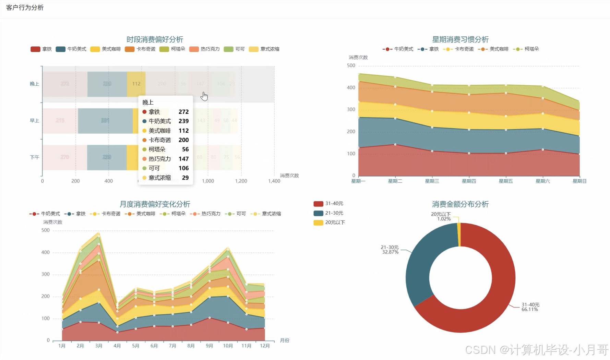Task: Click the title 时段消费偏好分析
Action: tap(155, 39)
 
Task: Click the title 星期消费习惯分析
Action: tap(460, 39)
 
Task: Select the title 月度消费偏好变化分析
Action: tap(155, 204)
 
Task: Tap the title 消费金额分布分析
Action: tap(460, 204)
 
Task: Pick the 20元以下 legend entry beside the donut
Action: tap(329, 223)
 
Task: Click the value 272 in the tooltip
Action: tap(183, 112)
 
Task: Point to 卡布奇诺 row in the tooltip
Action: tap(165, 140)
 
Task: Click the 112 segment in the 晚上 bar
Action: tap(136, 84)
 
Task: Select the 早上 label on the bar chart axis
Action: tap(35, 121)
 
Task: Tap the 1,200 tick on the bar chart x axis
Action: tap(241, 181)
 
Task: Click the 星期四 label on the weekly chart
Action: tap(469, 181)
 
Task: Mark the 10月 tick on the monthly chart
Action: tap(228, 346)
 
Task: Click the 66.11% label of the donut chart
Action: tap(530, 309)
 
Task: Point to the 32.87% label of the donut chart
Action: tap(390, 252)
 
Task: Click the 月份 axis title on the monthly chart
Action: tap(285, 340)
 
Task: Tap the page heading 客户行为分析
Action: tap(25, 8)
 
